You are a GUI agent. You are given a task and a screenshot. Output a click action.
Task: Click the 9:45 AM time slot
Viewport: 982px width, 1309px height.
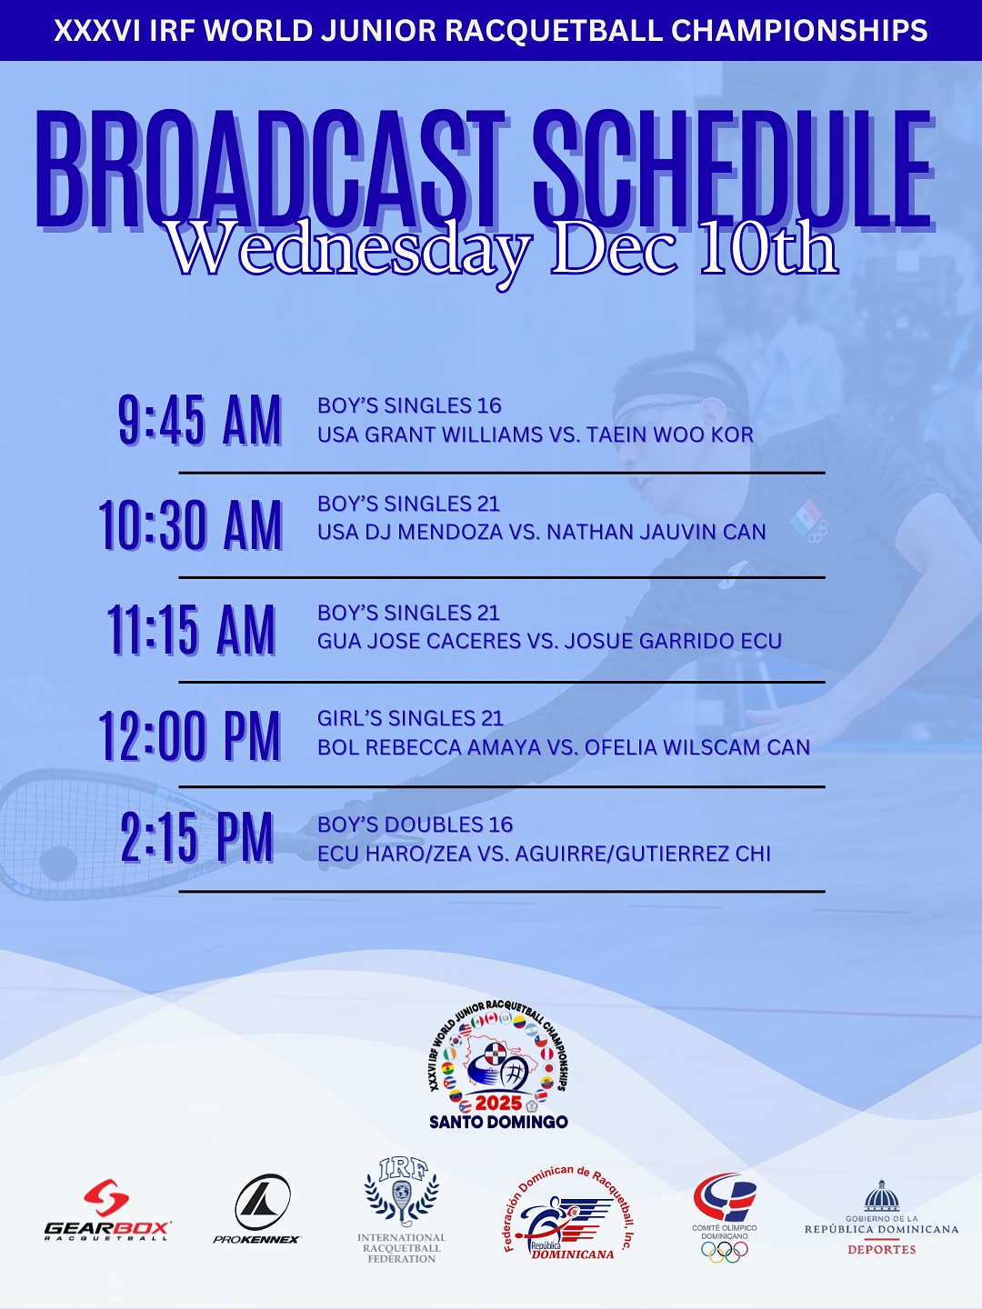(200, 421)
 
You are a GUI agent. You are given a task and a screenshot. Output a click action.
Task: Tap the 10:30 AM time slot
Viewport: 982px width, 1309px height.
(190, 525)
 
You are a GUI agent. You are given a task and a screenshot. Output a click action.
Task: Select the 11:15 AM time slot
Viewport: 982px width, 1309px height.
(191, 630)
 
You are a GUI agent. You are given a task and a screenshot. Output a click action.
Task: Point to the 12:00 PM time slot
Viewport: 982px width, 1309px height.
(190, 735)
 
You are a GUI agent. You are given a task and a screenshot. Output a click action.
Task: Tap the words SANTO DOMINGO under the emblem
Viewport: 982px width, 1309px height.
(498, 1122)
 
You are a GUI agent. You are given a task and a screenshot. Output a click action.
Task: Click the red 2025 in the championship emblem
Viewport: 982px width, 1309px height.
(498, 1103)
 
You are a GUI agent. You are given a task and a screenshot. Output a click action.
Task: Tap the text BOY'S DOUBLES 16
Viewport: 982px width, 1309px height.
(415, 824)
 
